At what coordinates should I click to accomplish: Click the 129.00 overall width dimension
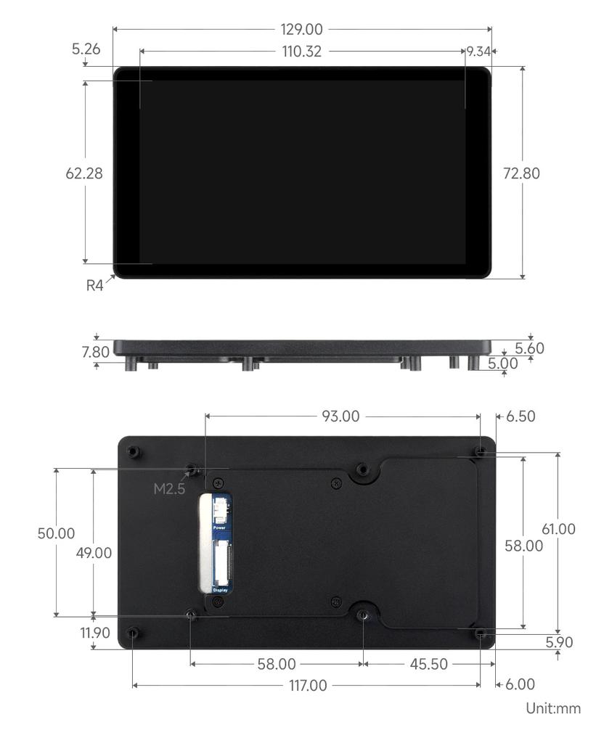[x=301, y=29]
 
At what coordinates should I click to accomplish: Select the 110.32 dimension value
[x=302, y=52]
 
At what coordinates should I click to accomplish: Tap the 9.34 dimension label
[x=478, y=52]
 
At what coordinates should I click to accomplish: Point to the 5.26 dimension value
[x=86, y=49]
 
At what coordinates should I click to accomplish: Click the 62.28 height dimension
[x=84, y=173]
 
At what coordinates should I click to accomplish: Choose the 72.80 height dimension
[x=521, y=173]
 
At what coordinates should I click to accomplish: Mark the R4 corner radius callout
[x=94, y=285]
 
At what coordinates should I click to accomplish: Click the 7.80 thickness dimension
[x=95, y=352]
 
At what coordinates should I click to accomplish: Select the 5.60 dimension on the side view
[x=529, y=348]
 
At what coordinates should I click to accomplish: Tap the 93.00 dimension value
[x=340, y=416]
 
